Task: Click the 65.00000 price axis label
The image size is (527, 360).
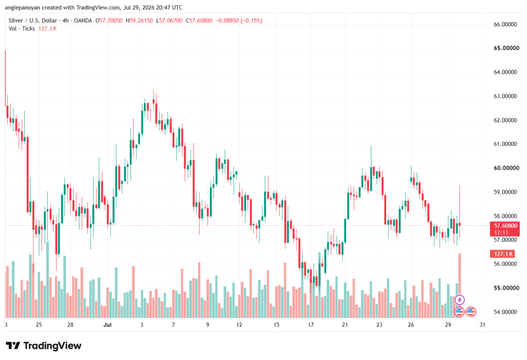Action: pos(506,48)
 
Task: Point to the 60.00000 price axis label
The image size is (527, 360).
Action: pos(506,168)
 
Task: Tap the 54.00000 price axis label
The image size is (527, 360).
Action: pos(505,312)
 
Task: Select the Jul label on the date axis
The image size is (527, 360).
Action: pos(107,324)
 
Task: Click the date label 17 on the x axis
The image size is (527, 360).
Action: pos(310,324)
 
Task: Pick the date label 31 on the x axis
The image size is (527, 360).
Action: pos(482,324)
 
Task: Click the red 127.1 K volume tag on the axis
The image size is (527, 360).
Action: pos(503,254)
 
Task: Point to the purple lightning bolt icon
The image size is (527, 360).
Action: pos(460,299)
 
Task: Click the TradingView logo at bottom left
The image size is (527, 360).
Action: pos(43,346)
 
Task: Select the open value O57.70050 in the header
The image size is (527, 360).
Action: pos(109,21)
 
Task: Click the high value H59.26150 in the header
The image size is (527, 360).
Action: pos(139,21)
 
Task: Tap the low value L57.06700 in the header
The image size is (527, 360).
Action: pos(169,21)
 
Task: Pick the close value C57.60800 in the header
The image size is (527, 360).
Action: pos(199,21)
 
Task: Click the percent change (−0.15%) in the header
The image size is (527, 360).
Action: pos(251,21)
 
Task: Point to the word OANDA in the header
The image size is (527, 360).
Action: pos(83,21)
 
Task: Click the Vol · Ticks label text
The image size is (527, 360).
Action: pos(22,29)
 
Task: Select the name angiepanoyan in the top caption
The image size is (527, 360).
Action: pos(23,7)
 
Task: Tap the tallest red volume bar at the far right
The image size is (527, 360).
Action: pos(460,285)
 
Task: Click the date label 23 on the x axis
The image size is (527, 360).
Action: pos(379,324)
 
